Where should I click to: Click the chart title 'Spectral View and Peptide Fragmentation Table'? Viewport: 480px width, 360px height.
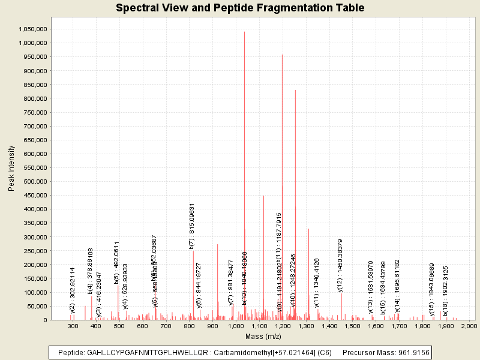pos(240,8)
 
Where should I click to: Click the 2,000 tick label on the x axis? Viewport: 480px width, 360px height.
pos(468,326)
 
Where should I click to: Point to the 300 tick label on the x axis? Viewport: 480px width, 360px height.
pos(73,326)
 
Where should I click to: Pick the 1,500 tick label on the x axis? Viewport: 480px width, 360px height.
pos(352,326)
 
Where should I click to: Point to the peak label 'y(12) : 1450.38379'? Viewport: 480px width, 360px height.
pos(340,264)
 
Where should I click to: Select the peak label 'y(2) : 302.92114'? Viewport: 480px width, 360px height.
pos(73,290)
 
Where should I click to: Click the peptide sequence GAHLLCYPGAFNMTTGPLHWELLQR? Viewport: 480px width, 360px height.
pos(141,352)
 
